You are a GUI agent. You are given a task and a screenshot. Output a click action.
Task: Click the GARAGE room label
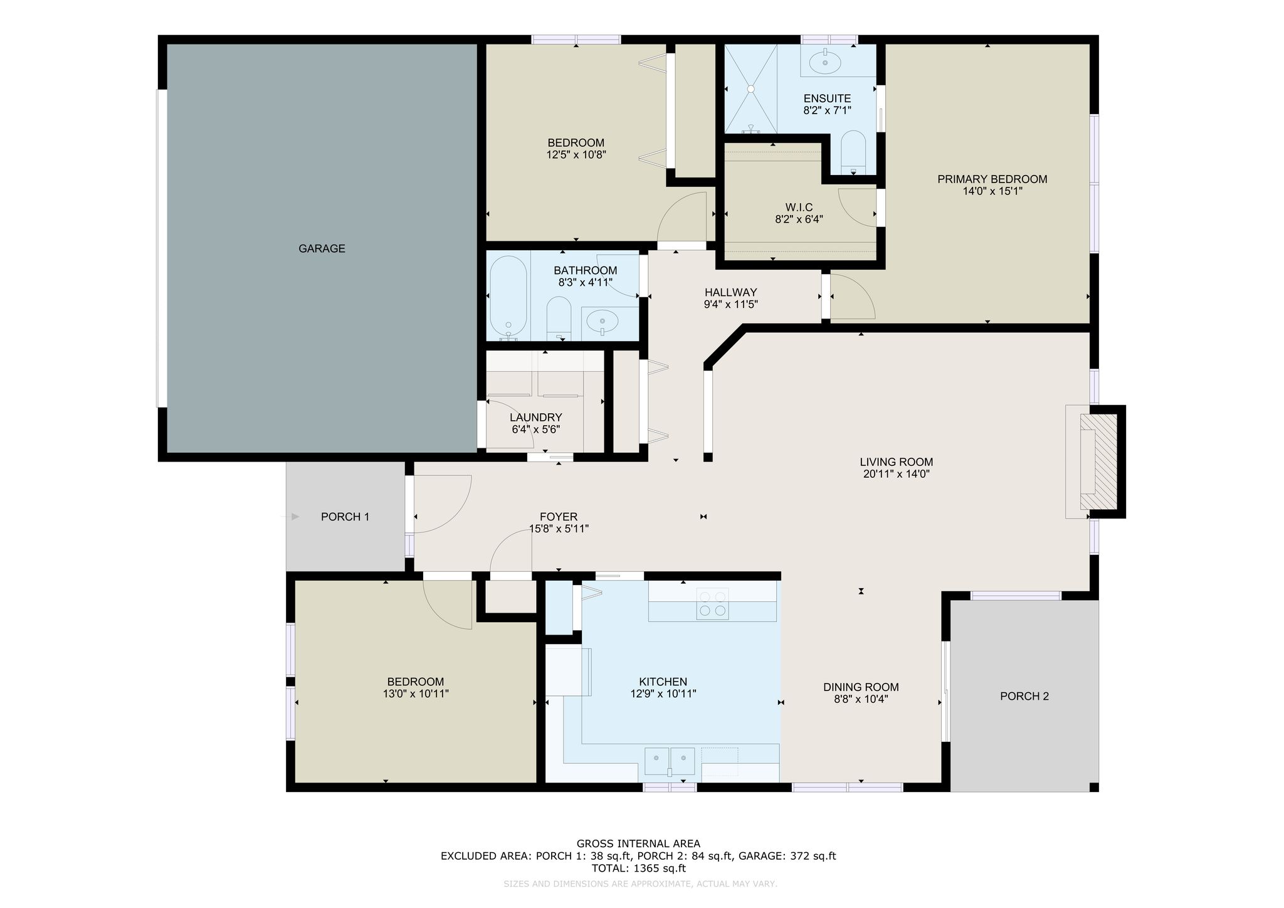pyautogui.click(x=322, y=248)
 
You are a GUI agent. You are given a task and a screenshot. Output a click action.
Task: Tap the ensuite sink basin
pyautogui.click(x=826, y=62)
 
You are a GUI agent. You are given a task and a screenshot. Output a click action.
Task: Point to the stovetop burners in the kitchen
pyautogui.click(x=713, y=604)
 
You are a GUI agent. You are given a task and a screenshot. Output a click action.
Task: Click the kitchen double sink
pyautogui.click(x=670, y=761)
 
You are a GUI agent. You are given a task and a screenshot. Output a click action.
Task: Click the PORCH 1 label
pyautogui.click(x=345, y=517)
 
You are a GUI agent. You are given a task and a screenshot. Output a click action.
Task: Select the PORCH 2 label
pyautogui.click(x=1024, y=696)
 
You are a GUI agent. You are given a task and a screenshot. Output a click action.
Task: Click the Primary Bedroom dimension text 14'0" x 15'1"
pyautogui.click(x=992, y=191)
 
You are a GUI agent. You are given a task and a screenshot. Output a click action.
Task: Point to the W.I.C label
pyautogui.click(x=799, y=208)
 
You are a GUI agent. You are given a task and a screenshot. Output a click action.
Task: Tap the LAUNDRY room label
pyautogui.click(x=535, y=418)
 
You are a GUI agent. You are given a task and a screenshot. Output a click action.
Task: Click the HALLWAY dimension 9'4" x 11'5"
pyautogui.click(x=731, y=305)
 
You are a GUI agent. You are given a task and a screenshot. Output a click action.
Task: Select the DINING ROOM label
pyautogui.click(x=861, y=687)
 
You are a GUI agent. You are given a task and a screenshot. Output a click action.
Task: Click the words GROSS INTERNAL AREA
pyautogui.click(x=638, y=843)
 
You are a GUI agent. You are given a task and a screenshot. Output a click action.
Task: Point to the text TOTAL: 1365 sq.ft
pyautogui.click(x=638, y=868)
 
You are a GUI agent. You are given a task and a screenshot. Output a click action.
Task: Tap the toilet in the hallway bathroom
pyautogui.click(x=559, y=318)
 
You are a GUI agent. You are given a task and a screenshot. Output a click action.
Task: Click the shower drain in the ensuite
pyautogui.click(x=750, y=89)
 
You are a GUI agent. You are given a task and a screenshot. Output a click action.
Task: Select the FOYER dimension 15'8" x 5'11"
pyautogui.click(x=559, y=529)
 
